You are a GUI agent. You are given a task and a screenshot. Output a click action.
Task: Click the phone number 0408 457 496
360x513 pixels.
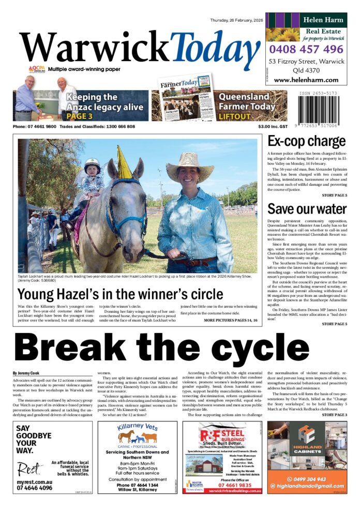point(306,50)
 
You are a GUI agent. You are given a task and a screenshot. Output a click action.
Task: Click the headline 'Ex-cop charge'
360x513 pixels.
point(306,142)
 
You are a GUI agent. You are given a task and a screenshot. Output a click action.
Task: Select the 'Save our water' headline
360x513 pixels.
point(307,209)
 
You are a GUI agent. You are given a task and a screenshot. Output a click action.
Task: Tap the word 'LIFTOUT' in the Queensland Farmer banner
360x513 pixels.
point(234,116)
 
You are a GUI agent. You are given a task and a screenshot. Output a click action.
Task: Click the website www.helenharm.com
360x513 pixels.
point(306,80)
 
